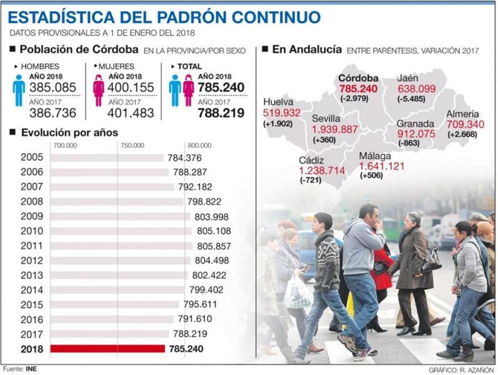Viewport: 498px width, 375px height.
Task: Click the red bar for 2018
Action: pos(107,348)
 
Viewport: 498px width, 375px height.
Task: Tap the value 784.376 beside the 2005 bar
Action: pos(184,158)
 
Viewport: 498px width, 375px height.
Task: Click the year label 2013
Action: pos(32,276)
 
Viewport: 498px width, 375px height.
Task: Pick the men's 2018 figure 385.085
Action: pos(53,87)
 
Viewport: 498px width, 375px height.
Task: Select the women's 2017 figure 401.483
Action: pos(131,113)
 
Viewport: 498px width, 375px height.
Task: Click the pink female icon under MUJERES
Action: pos(98,90)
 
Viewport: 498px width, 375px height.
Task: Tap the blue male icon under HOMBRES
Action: pos(19,90)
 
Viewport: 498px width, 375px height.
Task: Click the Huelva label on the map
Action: pos(278,102)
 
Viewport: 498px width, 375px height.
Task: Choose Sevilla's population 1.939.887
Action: pos(335,129)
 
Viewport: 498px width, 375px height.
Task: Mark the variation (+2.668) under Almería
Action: pos(462,134)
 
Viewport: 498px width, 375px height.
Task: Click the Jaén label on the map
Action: pos(408,78)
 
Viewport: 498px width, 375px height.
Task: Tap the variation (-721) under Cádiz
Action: pos(310,181)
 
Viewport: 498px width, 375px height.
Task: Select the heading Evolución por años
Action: pos(69,133)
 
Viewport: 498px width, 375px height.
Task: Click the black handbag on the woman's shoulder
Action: pos(430,260)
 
